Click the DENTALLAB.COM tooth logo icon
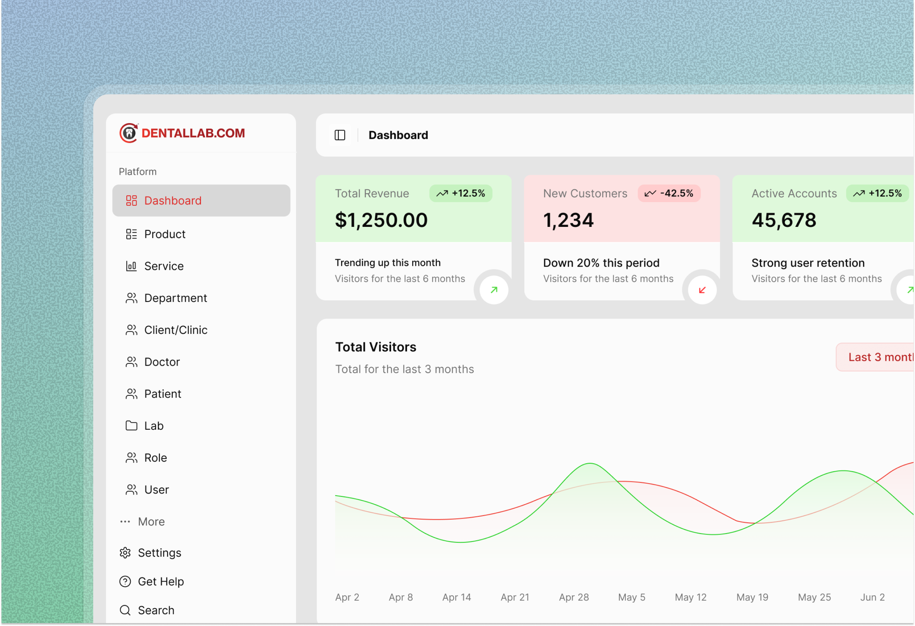coord(129,133)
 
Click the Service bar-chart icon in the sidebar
coord(131,266)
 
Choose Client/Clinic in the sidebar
coord(175,330)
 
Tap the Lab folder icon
coord(131,426)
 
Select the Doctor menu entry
coord(162,362)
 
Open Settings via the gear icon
coord(125,553)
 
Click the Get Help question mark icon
coord(125,582)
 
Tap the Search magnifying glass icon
coord(125,610)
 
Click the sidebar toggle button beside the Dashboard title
coord(340,135)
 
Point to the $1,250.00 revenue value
coord(381,220)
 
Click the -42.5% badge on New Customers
coord(668,193)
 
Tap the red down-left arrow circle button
coord(702,290)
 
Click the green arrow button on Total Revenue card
coord(494,290)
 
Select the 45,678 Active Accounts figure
coord(784,220)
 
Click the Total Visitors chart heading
coord(375,347)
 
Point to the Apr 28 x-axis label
coord(573,597)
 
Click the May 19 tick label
coord(752,597)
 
